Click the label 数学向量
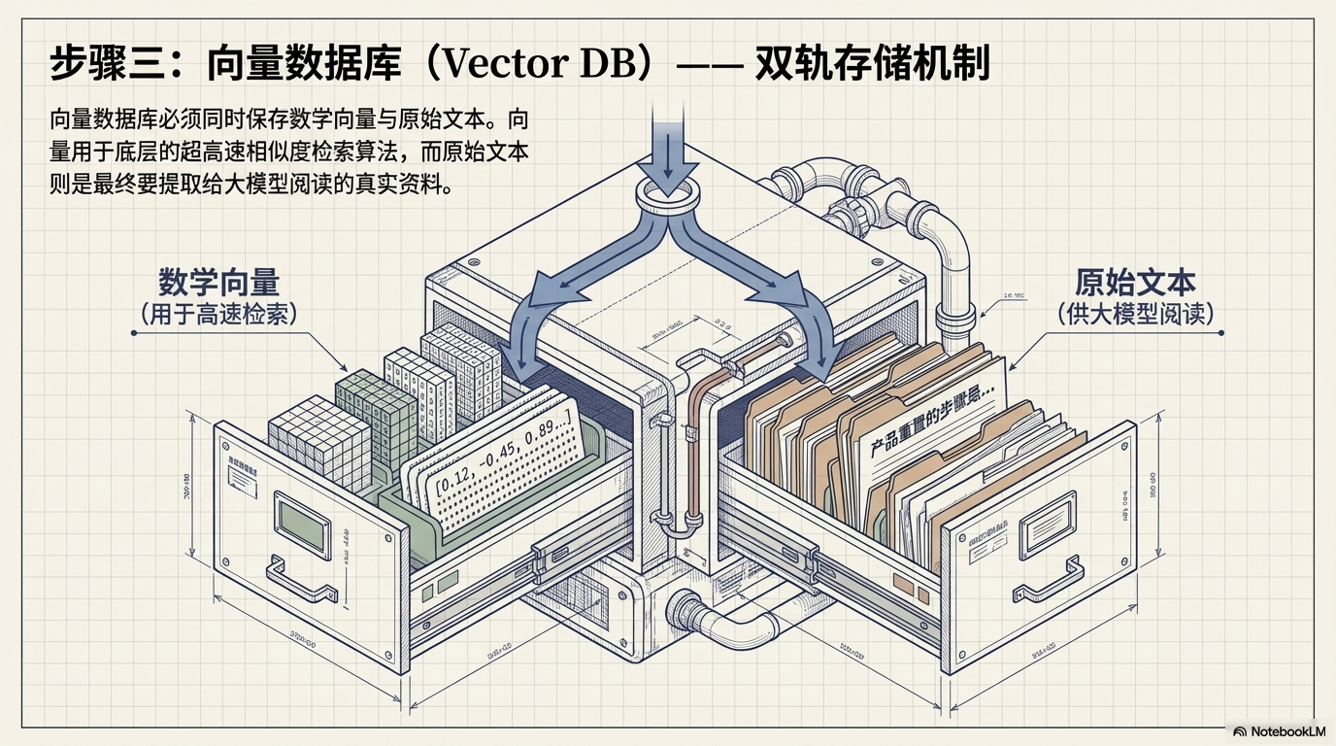(x=218, y=283)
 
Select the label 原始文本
(x=1135, y=283)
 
